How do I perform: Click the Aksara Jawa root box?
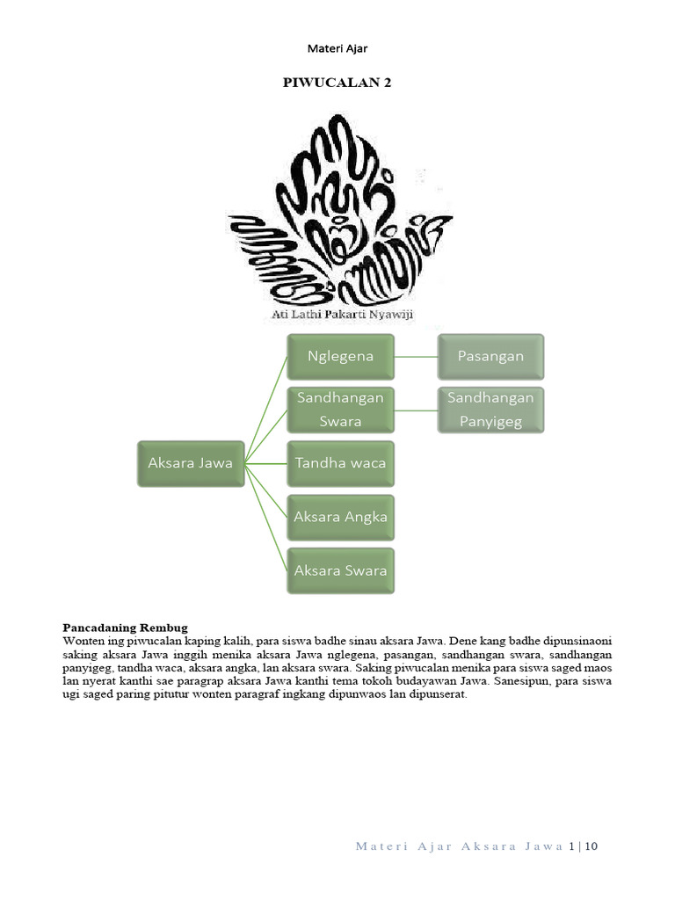click(190, 463)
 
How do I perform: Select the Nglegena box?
click(341, 356)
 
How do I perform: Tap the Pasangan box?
click(490, 356)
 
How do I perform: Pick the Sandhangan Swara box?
click(341, 410)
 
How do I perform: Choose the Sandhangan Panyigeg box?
click(490, 410)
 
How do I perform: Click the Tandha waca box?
click(341, 463)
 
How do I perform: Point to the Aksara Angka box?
click(341, 517)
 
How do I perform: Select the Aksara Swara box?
click(341, 570)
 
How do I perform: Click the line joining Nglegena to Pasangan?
click(416, 357)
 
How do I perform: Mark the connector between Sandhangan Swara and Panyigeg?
click(416, 410)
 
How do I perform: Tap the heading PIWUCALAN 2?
click(337, 83)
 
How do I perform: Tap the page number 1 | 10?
click(583, 846)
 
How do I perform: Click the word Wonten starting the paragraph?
click(82, 642)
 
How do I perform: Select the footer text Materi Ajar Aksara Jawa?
click(459, 846)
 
